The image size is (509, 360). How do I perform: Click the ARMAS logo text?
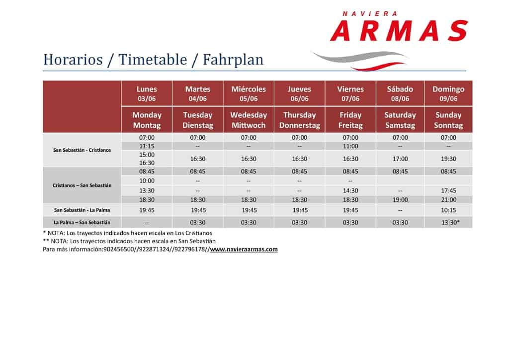399,30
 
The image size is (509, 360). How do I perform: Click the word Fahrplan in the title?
233,59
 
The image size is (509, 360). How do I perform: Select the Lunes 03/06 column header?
147,93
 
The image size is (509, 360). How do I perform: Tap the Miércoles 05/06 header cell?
249,93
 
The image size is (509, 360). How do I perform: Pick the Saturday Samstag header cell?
400,120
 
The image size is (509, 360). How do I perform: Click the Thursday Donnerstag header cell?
300,120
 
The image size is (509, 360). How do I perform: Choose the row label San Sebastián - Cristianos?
82,150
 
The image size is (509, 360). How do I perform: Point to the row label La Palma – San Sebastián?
82,222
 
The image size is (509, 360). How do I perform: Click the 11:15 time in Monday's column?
147,146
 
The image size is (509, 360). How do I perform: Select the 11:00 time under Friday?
350,146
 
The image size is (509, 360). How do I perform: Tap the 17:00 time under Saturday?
400,159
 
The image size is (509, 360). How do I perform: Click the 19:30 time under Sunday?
448,159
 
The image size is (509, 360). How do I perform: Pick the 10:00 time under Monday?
147,180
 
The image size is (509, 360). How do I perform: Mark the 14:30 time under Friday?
350,190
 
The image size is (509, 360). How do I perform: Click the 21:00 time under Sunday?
448,199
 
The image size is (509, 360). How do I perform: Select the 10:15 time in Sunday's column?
448,210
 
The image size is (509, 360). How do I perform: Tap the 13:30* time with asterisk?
450,222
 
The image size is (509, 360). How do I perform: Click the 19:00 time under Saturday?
400,199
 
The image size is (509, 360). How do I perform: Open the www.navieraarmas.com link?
244,249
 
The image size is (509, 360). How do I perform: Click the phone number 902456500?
118,249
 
